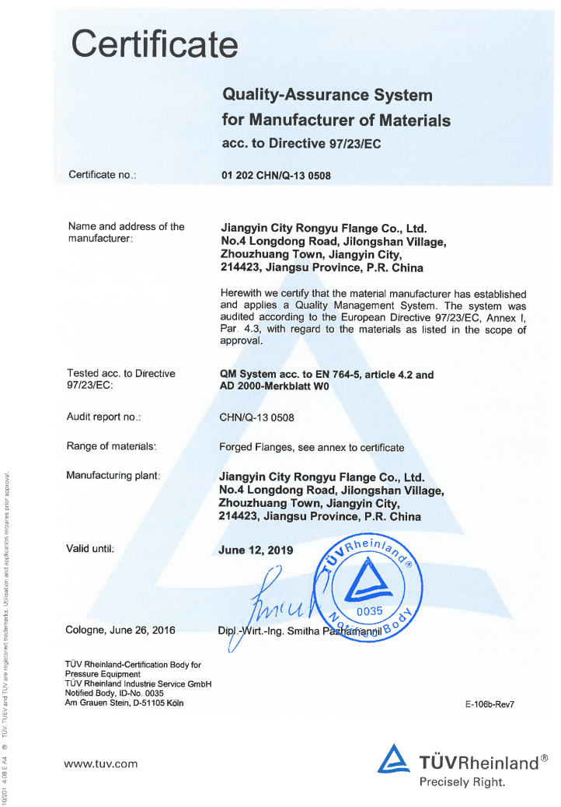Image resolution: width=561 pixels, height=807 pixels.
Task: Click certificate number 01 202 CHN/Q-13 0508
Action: click(276, 176)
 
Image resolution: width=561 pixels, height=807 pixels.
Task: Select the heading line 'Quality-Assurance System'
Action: click(327, 95)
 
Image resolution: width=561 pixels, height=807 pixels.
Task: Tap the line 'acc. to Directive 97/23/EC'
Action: click(301, 144)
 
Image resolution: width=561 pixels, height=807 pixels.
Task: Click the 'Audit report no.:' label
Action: click(103, 417)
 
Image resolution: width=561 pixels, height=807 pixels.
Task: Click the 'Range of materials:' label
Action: click(112, 446)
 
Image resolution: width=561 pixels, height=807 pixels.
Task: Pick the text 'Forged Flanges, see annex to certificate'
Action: click(312, 447)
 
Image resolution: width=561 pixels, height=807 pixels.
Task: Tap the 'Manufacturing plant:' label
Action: click(113, 475)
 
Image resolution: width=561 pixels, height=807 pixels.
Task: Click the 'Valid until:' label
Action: click(91, 549)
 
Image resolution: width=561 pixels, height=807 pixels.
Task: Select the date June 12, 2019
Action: click(256, 550)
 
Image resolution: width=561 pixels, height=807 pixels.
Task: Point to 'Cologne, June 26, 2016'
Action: click(120, 631)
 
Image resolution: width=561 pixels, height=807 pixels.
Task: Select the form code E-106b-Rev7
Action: click(490, 704)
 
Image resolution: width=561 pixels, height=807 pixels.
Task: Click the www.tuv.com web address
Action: click(101, 763)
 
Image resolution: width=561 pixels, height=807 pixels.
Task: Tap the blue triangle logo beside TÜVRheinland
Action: click(393, 759)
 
